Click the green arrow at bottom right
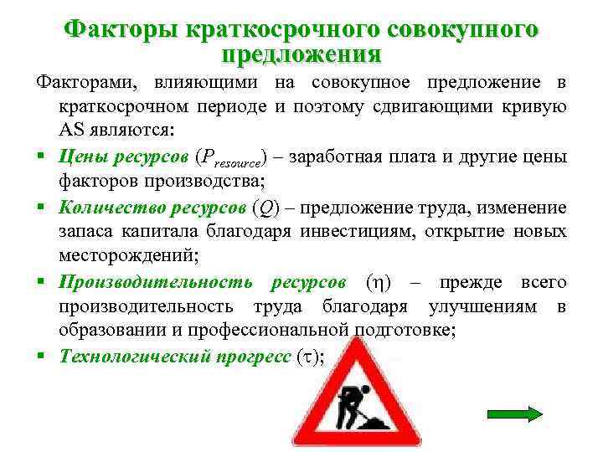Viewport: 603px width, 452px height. pos(515,413)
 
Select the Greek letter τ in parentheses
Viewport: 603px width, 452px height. pos(307,357)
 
